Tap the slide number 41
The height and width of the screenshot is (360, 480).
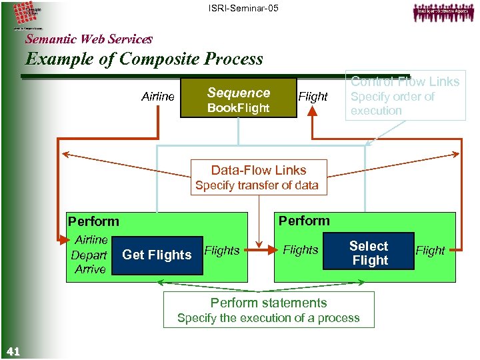[12, 351]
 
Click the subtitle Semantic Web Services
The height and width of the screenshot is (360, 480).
[89, 39]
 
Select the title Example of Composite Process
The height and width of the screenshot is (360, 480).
[144, 59]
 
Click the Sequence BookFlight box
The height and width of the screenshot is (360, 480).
[239, 99]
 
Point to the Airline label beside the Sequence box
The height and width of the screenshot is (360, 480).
[158, 97]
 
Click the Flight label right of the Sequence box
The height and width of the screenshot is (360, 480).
[313, 97]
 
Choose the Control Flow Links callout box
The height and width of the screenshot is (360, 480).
[405, 96]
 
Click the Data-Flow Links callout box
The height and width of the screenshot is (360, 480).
[259, 177]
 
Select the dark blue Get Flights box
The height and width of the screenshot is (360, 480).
[157, 255]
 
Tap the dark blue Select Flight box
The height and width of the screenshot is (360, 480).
[369, 253]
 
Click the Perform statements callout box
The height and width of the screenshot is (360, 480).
[268, 310]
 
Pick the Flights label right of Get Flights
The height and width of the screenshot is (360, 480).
[221, 251]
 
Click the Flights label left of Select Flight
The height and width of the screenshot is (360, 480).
[301, 250]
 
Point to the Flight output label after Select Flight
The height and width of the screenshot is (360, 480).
[430, 251]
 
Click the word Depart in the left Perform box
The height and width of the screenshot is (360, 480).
[89, 255]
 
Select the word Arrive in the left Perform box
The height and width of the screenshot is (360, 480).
[90, 269]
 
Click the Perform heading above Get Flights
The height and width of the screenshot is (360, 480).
[93, 221]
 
